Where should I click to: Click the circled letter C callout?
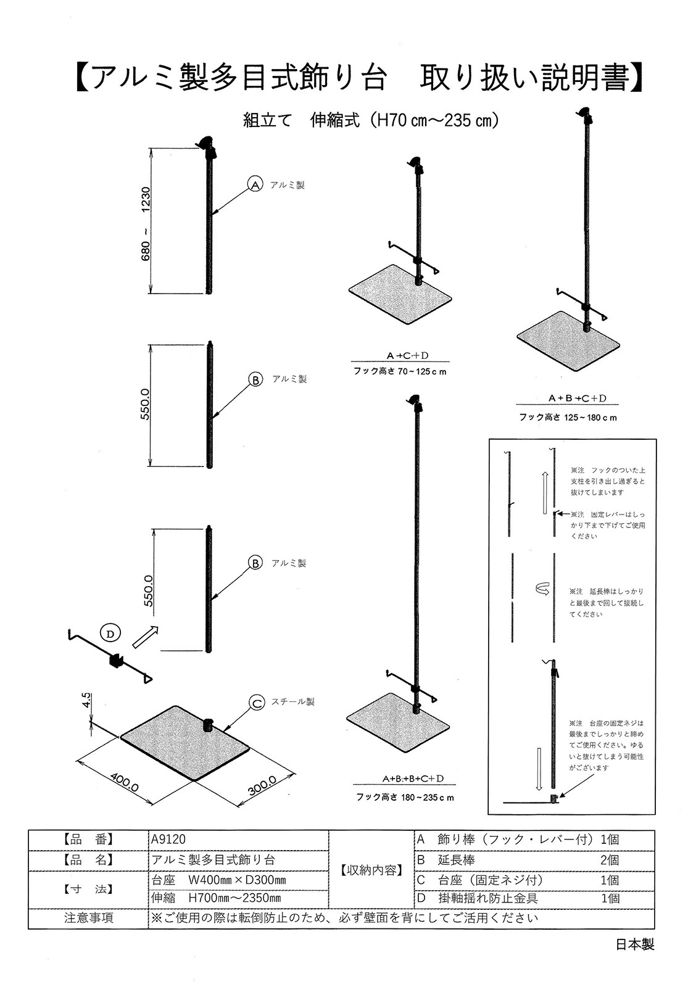(257, 702)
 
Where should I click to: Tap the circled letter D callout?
(110, 633)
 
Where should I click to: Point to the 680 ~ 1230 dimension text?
(146, 224)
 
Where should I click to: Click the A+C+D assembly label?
(407, 356)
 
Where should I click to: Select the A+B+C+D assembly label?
(578, 399)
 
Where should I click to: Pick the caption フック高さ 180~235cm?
(405, 797)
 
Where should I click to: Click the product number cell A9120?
(168, 839)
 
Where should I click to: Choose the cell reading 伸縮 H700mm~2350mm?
(216, 898)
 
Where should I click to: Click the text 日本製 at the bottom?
(634, 944)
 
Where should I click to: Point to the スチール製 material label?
(294, 702)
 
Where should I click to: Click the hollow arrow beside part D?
(144, 635)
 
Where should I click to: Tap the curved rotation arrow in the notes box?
(541, 590)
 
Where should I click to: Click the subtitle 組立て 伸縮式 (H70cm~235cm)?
(370, 120)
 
